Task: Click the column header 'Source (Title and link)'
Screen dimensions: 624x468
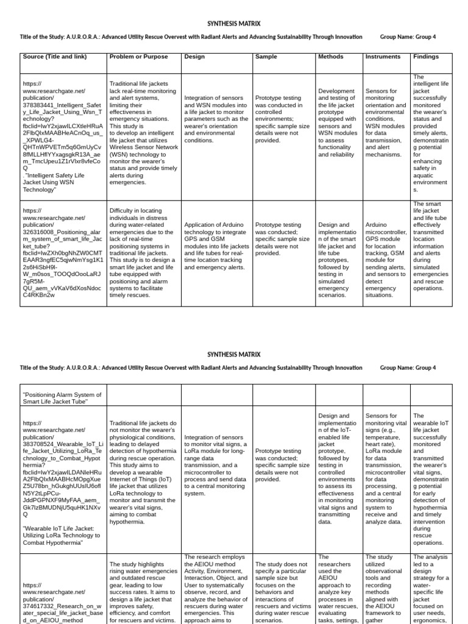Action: pyautogui.click(x=55, y=57)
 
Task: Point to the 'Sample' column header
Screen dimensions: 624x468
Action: pyautogui.click(x=266, y=57)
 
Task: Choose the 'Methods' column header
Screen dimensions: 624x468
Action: pyautogui.click(x=331, y=57)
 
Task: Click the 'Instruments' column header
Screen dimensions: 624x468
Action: pyautogui.click(x=383, y=57)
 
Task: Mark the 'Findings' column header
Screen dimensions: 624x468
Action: pyautogui.click(x=426, y=57)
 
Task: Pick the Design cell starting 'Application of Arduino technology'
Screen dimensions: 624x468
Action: pyautogui.click(x=216, y=246)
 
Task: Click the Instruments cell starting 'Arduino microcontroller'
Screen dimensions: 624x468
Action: pyautogui.click(x=386, y=260)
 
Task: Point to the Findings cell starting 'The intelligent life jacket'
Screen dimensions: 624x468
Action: pyautogui.click(x=430, y=133)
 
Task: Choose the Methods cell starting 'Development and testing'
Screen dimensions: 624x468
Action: pyautogui.click(x=336, y=122)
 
